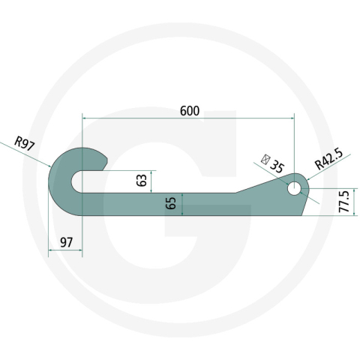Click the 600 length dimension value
coord(190,111)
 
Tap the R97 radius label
coord(25,142)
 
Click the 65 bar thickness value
coord(171,202)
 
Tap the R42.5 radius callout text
coord(328,157)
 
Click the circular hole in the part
coord(293,188)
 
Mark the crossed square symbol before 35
coord(263,158)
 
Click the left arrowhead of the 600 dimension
coord(85,118)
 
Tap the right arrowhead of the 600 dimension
coord(291,118)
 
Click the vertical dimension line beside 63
coord(152,181)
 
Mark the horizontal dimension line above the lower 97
coord(64,252)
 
